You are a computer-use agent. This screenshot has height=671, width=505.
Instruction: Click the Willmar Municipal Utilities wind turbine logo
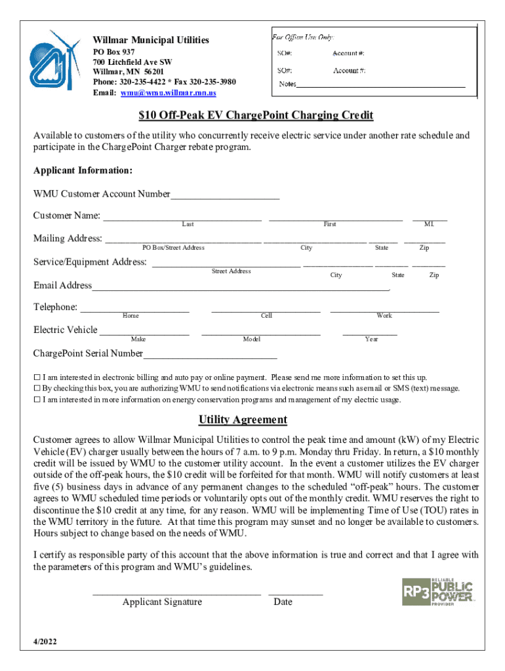(58, 61)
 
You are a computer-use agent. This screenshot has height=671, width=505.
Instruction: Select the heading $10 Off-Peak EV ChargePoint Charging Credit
(256, 116)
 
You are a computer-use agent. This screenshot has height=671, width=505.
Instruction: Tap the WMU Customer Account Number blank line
(225, 197)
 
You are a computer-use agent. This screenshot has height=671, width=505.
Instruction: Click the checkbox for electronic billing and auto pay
(37, 378)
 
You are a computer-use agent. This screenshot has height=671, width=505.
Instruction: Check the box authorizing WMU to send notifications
(37, 389)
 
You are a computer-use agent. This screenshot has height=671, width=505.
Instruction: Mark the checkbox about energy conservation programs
(37, 400)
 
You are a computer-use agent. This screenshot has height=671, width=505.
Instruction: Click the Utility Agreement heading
(243, 420)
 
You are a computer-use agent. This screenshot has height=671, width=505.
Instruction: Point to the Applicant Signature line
(176, 592)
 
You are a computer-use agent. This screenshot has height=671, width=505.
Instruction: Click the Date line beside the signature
(295, 592)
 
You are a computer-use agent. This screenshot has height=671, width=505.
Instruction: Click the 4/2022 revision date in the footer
(45, 642)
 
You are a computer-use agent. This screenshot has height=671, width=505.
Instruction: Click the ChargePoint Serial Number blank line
(210, 358)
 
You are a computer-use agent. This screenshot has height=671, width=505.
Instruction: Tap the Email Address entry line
(240, 288)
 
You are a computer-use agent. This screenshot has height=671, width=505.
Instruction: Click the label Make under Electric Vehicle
(138, 339)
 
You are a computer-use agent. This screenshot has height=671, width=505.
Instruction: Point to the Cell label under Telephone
(266, 316)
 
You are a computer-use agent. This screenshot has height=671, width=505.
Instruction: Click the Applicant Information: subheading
(83, 171)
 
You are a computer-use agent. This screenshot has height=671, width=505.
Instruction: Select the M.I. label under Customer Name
(429, 224)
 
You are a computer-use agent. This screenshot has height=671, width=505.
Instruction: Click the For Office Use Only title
(303, 37)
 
